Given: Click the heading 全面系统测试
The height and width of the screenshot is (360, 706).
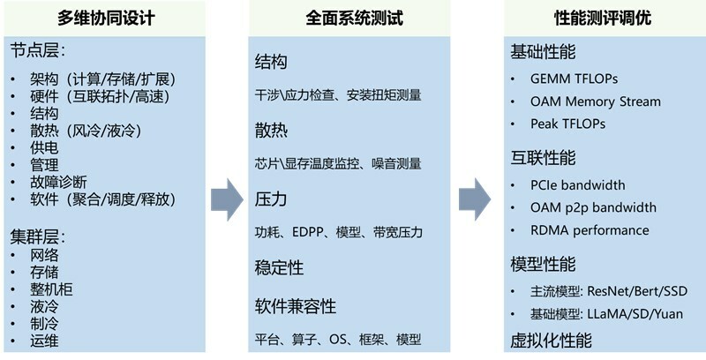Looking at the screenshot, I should pyautogui.click(x=348, y=18).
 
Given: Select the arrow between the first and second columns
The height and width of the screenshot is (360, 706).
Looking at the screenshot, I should pyautogui.click(x=227, y=199).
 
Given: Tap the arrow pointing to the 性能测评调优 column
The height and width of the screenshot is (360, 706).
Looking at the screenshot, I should pyautogui.click(x=475, y=199).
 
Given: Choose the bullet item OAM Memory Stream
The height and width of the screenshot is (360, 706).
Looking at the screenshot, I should pyautogui.click(x=595, y=101).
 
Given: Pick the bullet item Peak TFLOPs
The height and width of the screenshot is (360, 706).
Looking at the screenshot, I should pyautogui.click(x=567, y=124).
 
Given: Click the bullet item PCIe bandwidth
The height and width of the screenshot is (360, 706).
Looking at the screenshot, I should pyautogui.click(x=578, y=185).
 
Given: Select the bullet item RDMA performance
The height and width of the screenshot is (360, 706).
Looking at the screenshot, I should pyautogui.click(x=590, y=230).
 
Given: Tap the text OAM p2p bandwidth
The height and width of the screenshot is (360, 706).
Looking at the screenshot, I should pyautogui.click(x=593, y=207).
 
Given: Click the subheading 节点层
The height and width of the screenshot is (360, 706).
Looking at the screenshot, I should pyautogui.click(x=37, y=50).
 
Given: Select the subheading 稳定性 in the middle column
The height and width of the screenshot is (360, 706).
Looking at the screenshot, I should pyautogui.click(x=279, y=266).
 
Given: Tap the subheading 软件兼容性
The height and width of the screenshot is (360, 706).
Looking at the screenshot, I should pyautogui.click(x=295, y=306).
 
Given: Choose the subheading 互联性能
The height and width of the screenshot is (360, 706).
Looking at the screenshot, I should pyautogui.click(x=543, y=158).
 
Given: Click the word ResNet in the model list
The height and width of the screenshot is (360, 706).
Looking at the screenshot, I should pyautogui.click(x=609, y=291).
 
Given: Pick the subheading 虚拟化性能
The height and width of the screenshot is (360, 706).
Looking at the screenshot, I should pyautogui.click(x=551, y=341).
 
